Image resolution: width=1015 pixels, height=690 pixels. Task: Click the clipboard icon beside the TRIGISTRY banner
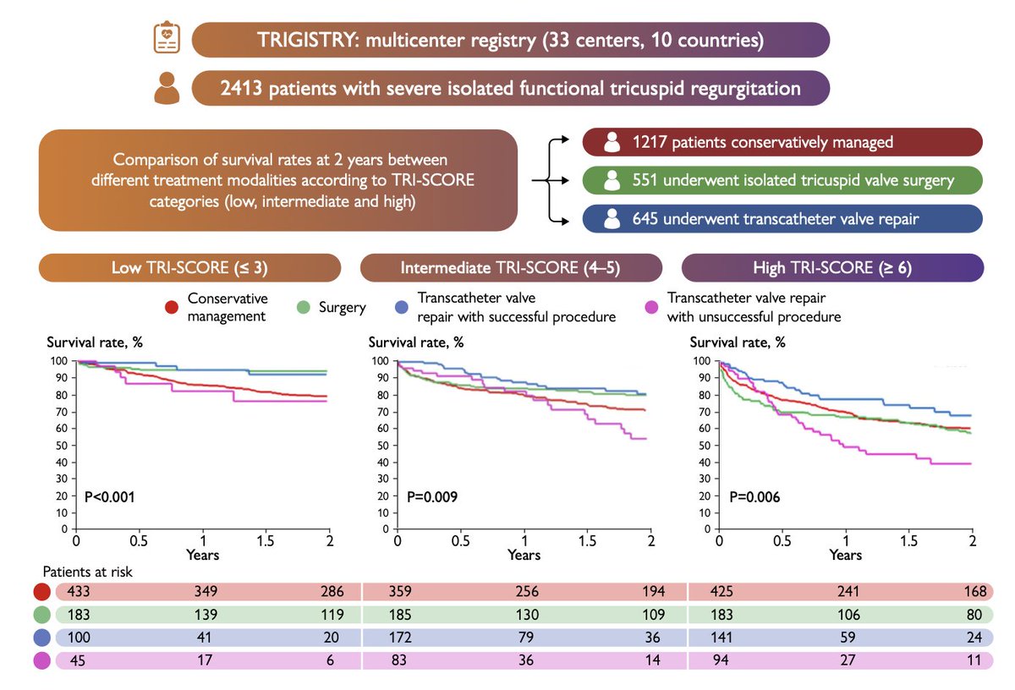166,39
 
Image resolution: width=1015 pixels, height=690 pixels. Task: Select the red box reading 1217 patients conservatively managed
782,142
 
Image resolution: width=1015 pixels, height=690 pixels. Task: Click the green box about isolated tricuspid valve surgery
782,180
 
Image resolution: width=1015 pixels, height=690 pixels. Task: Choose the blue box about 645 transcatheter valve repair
782,218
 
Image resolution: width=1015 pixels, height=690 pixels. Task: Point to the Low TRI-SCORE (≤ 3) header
189,268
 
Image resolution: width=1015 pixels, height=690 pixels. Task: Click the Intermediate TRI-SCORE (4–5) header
511,268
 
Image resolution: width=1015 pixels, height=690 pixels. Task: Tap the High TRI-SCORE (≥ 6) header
832,268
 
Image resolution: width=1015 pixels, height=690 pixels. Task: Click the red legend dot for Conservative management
173,308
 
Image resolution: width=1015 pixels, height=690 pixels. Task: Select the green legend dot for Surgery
304,308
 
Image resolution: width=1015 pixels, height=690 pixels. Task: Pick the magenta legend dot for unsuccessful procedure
652,308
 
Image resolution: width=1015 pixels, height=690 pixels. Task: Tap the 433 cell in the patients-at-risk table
79,591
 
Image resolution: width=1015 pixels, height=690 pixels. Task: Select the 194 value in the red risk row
652,591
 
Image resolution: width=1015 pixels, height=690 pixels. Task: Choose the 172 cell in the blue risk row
397,637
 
